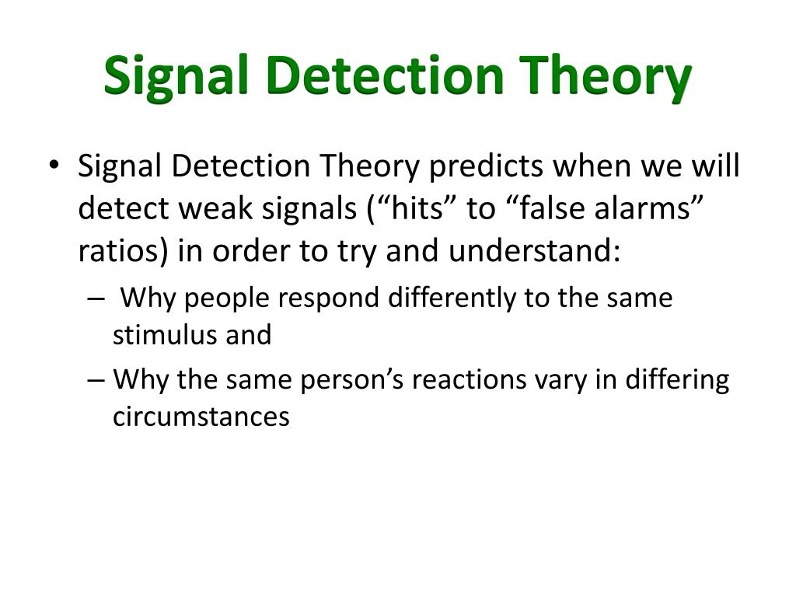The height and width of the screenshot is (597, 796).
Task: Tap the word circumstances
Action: point(201,417)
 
